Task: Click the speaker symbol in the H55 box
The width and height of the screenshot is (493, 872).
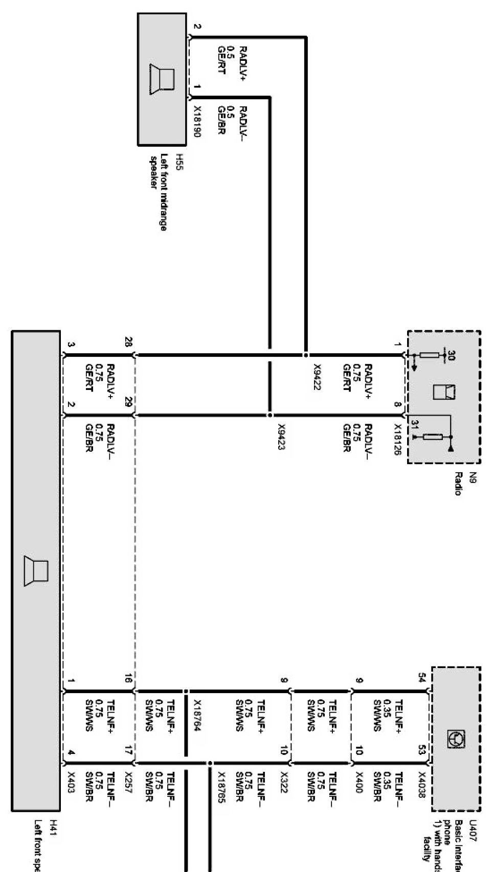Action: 162,80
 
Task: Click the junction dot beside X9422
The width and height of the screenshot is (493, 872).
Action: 306,355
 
